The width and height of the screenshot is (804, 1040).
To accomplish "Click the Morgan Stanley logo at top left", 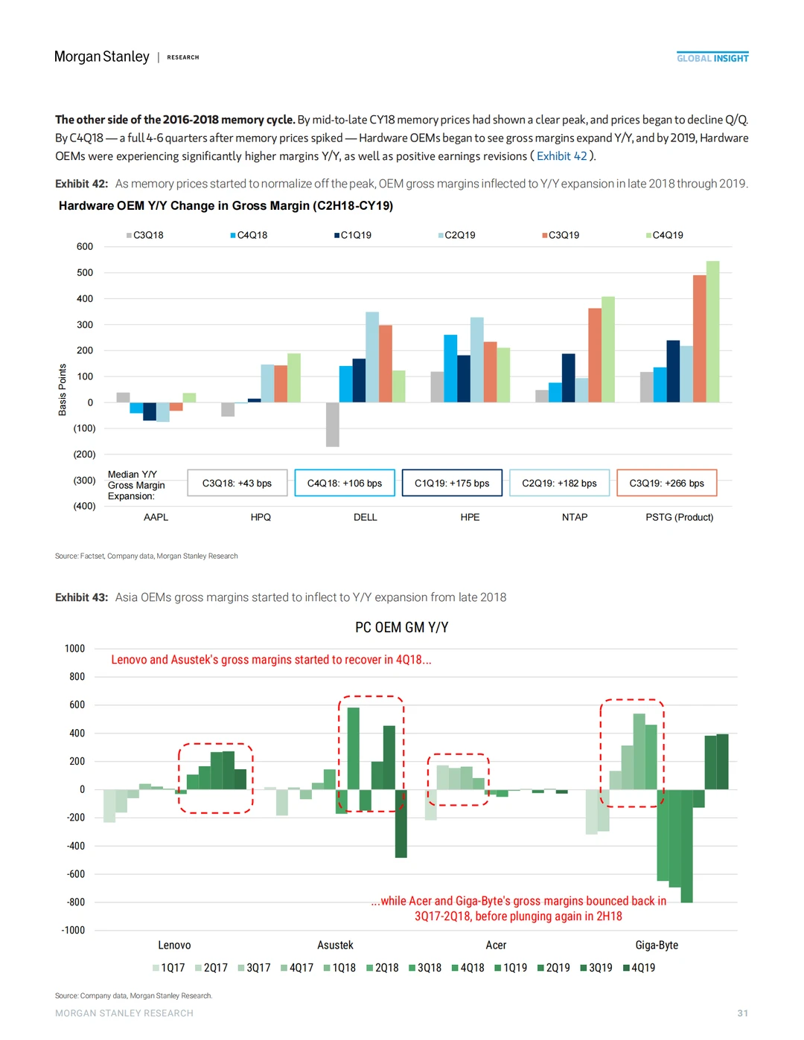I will point(102,57).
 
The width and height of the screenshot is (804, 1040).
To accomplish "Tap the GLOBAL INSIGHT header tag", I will point(712,58).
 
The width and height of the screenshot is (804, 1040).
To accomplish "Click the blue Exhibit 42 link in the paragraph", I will point(561,156).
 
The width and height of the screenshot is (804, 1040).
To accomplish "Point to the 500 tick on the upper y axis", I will point(85,272).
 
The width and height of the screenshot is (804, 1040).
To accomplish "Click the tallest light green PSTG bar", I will point(712,332).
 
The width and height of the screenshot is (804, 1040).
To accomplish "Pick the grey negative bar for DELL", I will point(333,424).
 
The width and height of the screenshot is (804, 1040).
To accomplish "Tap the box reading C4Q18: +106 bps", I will point(345,483).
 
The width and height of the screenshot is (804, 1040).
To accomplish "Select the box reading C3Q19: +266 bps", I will point(666,483).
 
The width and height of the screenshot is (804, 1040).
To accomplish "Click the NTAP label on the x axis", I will point(575,517).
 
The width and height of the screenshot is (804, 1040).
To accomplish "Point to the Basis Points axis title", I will point(63,390).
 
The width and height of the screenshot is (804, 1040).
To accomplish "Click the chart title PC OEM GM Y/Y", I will point(401,628).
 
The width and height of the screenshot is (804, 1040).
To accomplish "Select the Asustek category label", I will point(335,946).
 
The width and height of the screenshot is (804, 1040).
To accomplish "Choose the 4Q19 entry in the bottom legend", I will point(639,968).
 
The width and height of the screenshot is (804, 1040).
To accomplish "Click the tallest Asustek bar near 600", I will point(354,748).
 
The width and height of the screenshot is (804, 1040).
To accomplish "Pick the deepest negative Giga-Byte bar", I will point(687,846).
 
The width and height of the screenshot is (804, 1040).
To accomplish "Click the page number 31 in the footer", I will point(742,1013).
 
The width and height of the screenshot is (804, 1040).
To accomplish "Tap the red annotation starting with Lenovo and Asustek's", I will point(271,660).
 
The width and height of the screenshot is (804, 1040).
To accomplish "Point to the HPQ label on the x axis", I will point(261,517).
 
